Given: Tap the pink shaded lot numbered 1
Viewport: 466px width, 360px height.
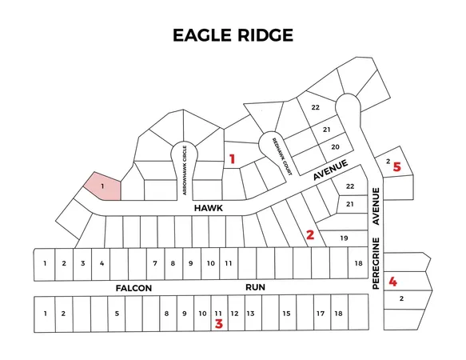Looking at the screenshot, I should click(x=103, y=186).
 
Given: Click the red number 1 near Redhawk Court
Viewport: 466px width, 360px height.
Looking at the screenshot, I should click(x=232, y=159).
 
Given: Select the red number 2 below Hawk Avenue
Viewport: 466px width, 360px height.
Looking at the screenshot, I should click(x=310, y=235).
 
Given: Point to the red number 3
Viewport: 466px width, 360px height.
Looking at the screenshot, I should click(x=218, y=323).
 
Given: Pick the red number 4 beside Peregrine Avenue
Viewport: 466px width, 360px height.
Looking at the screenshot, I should click(x=392, y=281).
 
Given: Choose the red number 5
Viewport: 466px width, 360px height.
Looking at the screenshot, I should click(x=397, y=167).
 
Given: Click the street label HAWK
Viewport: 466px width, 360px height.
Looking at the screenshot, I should click(x=207, y=207).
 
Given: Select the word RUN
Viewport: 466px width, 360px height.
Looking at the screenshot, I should click(x=256, y=286).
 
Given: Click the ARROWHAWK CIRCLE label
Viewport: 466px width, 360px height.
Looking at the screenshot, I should click(x=185, y=170).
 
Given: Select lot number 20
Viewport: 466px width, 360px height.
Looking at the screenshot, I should click(x=336, y=146).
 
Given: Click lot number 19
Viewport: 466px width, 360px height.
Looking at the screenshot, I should click(x=345, y=238).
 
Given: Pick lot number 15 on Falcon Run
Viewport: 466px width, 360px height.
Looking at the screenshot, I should click(x=285, y=314).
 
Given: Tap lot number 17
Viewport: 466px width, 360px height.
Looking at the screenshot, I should click(x=320, y=314).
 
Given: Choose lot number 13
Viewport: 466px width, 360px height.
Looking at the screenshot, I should click(x=250, y=314).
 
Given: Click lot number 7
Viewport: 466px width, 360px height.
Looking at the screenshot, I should click(x=154, y=263).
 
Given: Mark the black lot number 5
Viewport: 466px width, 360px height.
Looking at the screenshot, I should click(x=117, y=314).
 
